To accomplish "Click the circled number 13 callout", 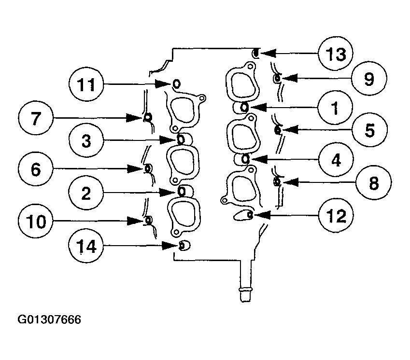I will (336, 54).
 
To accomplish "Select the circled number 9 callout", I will (369, 78).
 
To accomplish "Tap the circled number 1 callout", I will (335, 107).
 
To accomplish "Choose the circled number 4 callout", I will (335, 159).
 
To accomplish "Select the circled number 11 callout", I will (86, 85).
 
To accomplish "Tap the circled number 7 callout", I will (37, 117).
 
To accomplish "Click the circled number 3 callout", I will (85, 141).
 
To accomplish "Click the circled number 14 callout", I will (85, 247).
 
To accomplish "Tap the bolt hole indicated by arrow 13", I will (257, 53).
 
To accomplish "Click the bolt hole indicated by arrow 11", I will (176, 84).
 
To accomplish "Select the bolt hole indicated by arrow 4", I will (245, 158).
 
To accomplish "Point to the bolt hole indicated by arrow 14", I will (183, 246).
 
